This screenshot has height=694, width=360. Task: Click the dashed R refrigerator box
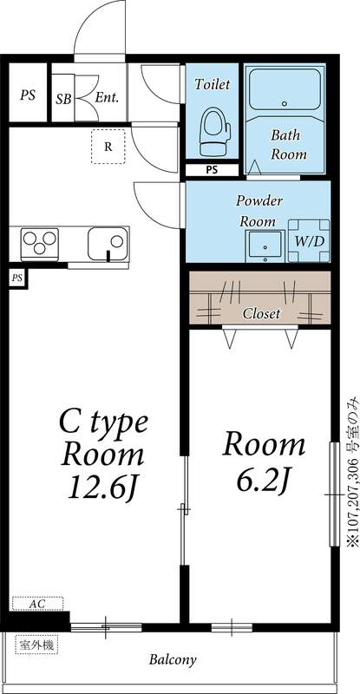(108, 147)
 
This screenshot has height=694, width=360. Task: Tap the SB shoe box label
(63, 99)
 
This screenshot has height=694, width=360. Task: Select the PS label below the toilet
(213, 170)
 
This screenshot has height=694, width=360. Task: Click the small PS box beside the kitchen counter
(16, 278)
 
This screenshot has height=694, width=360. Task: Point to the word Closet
(261, 313)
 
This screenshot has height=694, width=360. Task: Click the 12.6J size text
(101, 488)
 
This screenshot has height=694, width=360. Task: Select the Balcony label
(172, 660)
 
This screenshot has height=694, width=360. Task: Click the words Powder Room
(258, 210)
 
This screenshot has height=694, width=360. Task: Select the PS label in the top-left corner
(27, 95)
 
